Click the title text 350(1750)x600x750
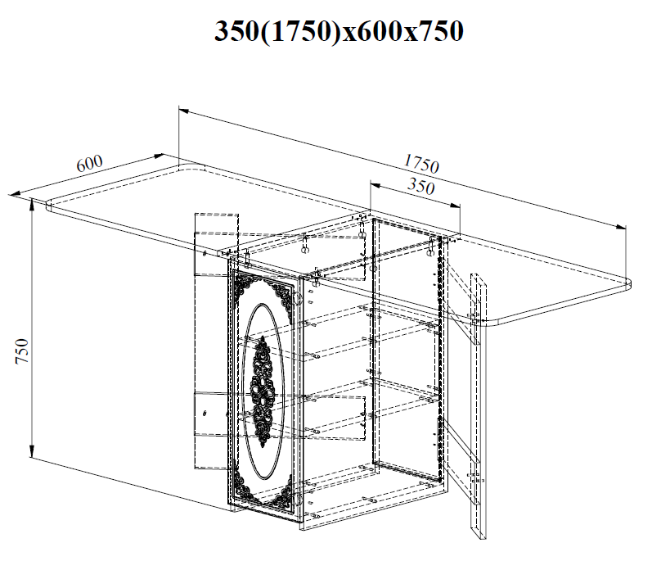click(339, 31)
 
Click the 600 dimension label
click(89, 164)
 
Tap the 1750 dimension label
click(421, 164)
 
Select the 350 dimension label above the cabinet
click(420, 187)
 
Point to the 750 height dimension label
click(21, 351)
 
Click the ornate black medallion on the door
click(262, 391)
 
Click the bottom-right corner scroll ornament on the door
click(285, 498)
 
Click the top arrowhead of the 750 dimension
click(32, 204)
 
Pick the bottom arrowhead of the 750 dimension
click(32, 451)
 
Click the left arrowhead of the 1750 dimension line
click(184, 111)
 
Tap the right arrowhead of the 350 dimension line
click(455, 206)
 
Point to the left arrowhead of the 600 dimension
click(15, 193)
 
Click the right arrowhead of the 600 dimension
click(158, 156)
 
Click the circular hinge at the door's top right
click(298, 298)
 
